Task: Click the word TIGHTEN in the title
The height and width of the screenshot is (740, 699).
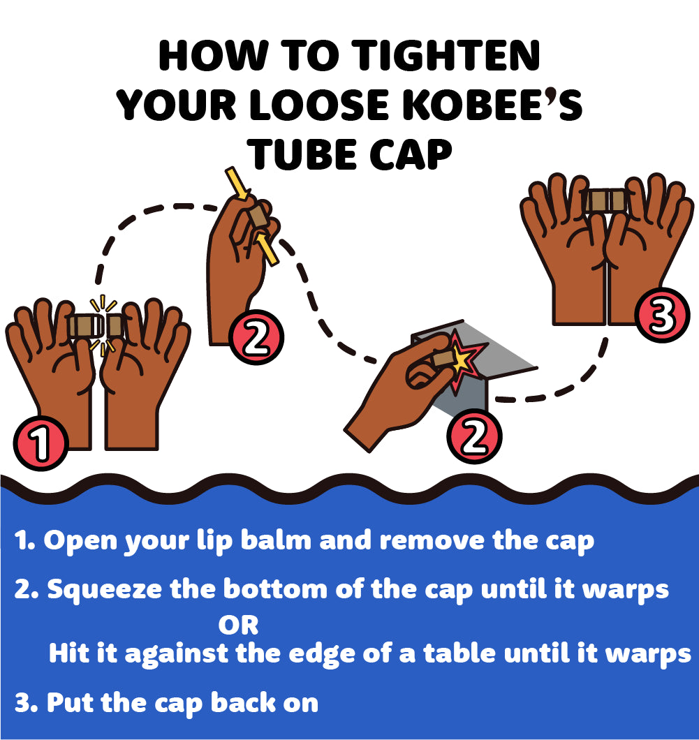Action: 446,55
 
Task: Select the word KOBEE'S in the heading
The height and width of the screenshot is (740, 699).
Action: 492,105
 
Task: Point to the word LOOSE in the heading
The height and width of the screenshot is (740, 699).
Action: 319,105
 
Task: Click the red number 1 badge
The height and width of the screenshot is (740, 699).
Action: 41,443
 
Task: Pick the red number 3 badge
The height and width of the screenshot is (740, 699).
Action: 662,315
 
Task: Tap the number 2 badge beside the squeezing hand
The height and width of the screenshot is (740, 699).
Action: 256,337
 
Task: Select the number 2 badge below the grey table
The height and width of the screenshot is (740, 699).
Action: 474,436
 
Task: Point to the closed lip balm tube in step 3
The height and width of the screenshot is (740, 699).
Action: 606,200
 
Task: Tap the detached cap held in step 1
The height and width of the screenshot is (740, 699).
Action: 115,325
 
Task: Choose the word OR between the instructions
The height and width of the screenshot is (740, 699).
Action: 238,626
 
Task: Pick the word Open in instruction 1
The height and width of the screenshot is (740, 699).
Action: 80,541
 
